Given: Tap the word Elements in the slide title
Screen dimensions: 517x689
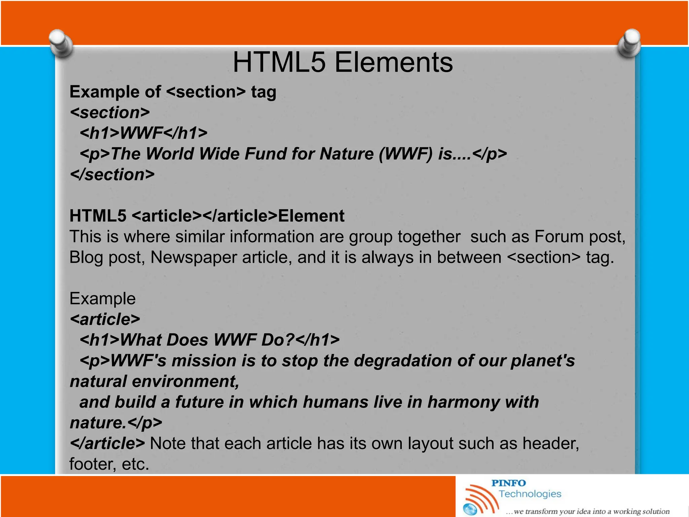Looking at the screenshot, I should click(394, 63).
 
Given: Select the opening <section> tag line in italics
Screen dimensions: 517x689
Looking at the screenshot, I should click(110, 112).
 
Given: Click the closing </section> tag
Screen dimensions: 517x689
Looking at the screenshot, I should click(112, 175).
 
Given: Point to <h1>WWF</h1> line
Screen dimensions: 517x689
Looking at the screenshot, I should click(143, 133).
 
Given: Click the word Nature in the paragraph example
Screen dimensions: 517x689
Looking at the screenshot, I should click(346, 154).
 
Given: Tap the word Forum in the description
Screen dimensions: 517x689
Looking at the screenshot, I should click(559, 237).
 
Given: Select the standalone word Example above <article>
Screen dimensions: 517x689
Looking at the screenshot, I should click(102, 299).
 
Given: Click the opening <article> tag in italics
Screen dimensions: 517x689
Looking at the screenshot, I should click(105, 319).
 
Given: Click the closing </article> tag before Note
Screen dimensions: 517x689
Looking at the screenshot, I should click(107, 443).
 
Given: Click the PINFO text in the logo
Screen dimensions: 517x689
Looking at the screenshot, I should click(508, 483).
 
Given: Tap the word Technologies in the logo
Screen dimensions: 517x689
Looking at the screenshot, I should click(530, 494).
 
